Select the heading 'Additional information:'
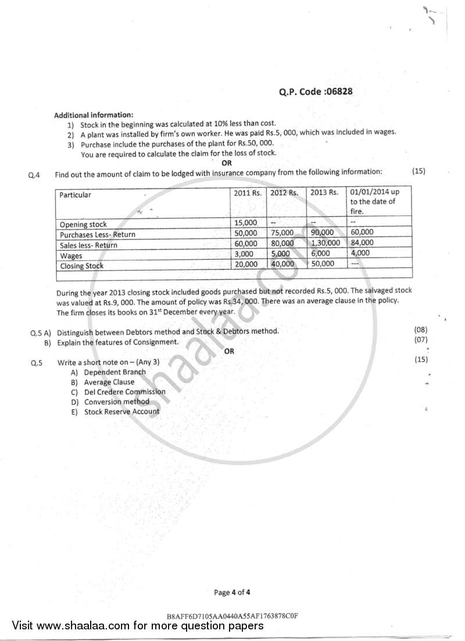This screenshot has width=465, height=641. click(x=94, y=114)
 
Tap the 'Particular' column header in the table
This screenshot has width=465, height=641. click(x=76, y=195)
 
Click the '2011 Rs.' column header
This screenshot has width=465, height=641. click(x=248, y=192)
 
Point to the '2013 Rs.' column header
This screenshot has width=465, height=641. click(x=324, y=192)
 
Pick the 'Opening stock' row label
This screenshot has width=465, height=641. click(x=83, y=224)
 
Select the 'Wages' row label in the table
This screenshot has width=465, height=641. click(x=71, y=256)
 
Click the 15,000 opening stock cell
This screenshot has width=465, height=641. click(x=245, y=223)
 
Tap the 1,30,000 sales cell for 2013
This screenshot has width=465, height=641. click(x=325, y=243)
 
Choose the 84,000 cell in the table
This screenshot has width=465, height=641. click(x=362, y=243)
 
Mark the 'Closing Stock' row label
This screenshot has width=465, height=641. click(x=82, y=266)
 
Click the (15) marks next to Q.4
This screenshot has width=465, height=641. click(x=419, y=171)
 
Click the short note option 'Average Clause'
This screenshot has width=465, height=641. click(x=109, y=382)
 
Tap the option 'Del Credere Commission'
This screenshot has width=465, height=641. click(x=124, y=392)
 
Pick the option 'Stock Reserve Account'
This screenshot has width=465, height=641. click(x=121, y=411)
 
